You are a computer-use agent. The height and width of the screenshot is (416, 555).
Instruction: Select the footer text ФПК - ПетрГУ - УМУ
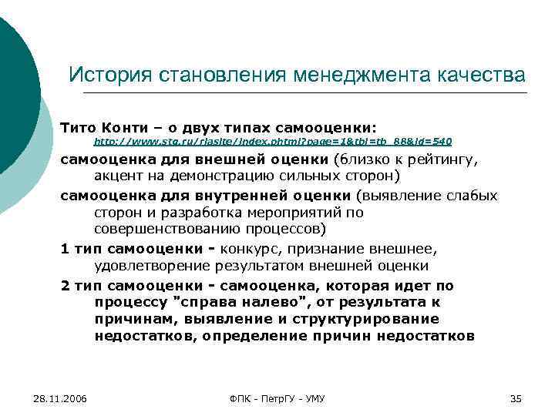277,398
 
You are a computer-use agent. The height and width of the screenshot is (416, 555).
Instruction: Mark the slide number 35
516,398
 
